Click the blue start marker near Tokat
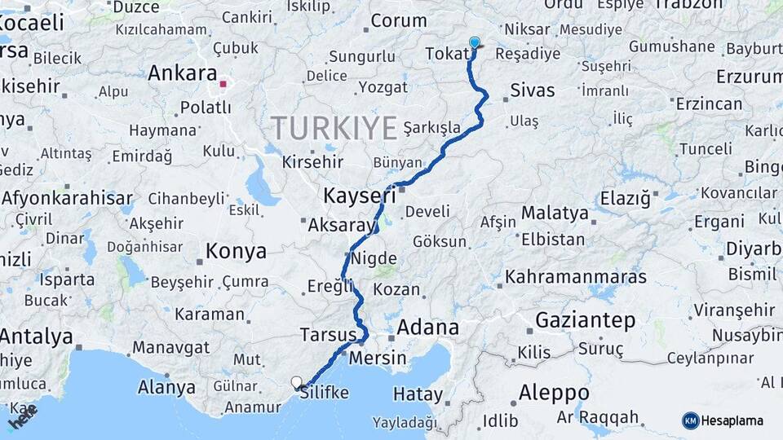tap(475, 43)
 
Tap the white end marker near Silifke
tap(297, 381)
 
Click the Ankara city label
tap(182, 73)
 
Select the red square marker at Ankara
tap(223, 83)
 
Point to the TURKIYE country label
tap(334, 127)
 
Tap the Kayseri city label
tap(359, 196)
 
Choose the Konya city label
tap(236, 251)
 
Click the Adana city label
tap(428, 328)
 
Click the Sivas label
tap(532, 90)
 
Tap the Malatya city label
tap(555, 213)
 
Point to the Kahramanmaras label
tap(575, 277)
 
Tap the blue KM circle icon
tap(691, 420)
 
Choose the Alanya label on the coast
tap(166, 387)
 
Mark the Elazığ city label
tap(625, 197)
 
